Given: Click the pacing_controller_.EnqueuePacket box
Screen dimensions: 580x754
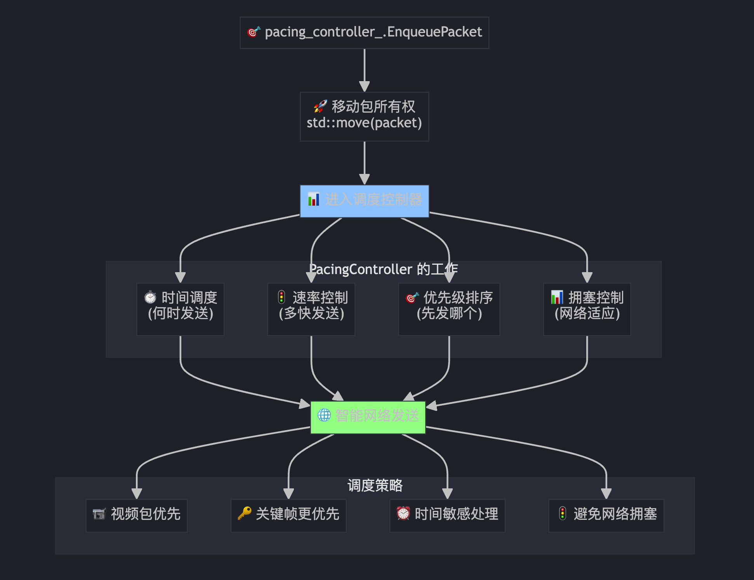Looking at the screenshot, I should pyautogui.click(x=364, y=33).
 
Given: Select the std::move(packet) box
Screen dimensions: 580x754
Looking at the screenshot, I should pyautogui.click(x=364, y=116).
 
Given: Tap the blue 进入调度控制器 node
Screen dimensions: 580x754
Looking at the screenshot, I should pyautogui.click(x=364, y=201).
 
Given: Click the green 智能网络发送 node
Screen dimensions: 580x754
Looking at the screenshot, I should pyautogui.click(x=368, y=417).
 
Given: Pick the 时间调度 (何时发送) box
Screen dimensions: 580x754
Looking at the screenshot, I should pyautogui.click(x=180, y=309).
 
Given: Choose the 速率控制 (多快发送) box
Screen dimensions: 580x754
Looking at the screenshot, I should pyautogui.click(x=311, y=309).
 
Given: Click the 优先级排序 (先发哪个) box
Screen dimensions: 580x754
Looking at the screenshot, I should pyautogui.click(x=449, y=309).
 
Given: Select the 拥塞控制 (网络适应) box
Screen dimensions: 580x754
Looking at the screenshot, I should pyautogui.click(x=587, y=309).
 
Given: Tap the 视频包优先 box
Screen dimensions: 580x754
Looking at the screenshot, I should pyautogui.click(x=136, y=515).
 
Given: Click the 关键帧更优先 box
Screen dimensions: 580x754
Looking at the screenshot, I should pyautogui.click(x=288, y=515).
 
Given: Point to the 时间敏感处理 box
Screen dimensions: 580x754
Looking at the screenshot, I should pyautogui.click(x=447, y=515).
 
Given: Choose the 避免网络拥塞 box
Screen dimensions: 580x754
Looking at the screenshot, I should pyautogui.click(x=606, y=515).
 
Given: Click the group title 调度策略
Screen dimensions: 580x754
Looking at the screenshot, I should pyautogui.click(x=375, y=485).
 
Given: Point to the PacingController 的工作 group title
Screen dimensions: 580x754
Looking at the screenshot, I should pyautogui.click(x=383, y=269).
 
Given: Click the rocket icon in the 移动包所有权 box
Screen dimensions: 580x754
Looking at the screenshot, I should pyautogui.click(x=320, y=106).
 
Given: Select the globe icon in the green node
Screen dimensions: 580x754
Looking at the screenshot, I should pyautogui.click(x=324, y=415).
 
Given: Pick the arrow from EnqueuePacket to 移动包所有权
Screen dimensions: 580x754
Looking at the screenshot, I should pyautogui.click(x=364, y=70).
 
